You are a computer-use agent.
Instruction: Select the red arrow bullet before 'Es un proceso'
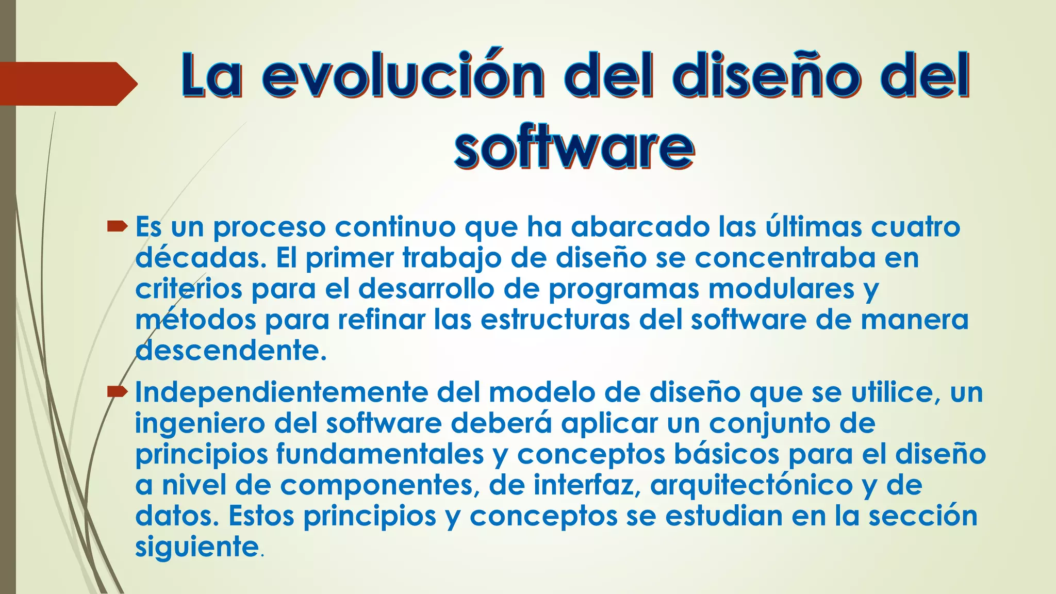click(x=117, y=226)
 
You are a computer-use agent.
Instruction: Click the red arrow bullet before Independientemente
click(x=117, y=392)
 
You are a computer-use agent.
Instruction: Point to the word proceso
click(x=269, y=228)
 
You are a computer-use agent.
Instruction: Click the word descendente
click(x=230, y=351)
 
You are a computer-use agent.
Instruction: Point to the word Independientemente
click(x=282, y=392)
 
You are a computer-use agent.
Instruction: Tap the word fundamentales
click(x=380, y=454)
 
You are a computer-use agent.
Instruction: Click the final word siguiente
click(x=196, y=547)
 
